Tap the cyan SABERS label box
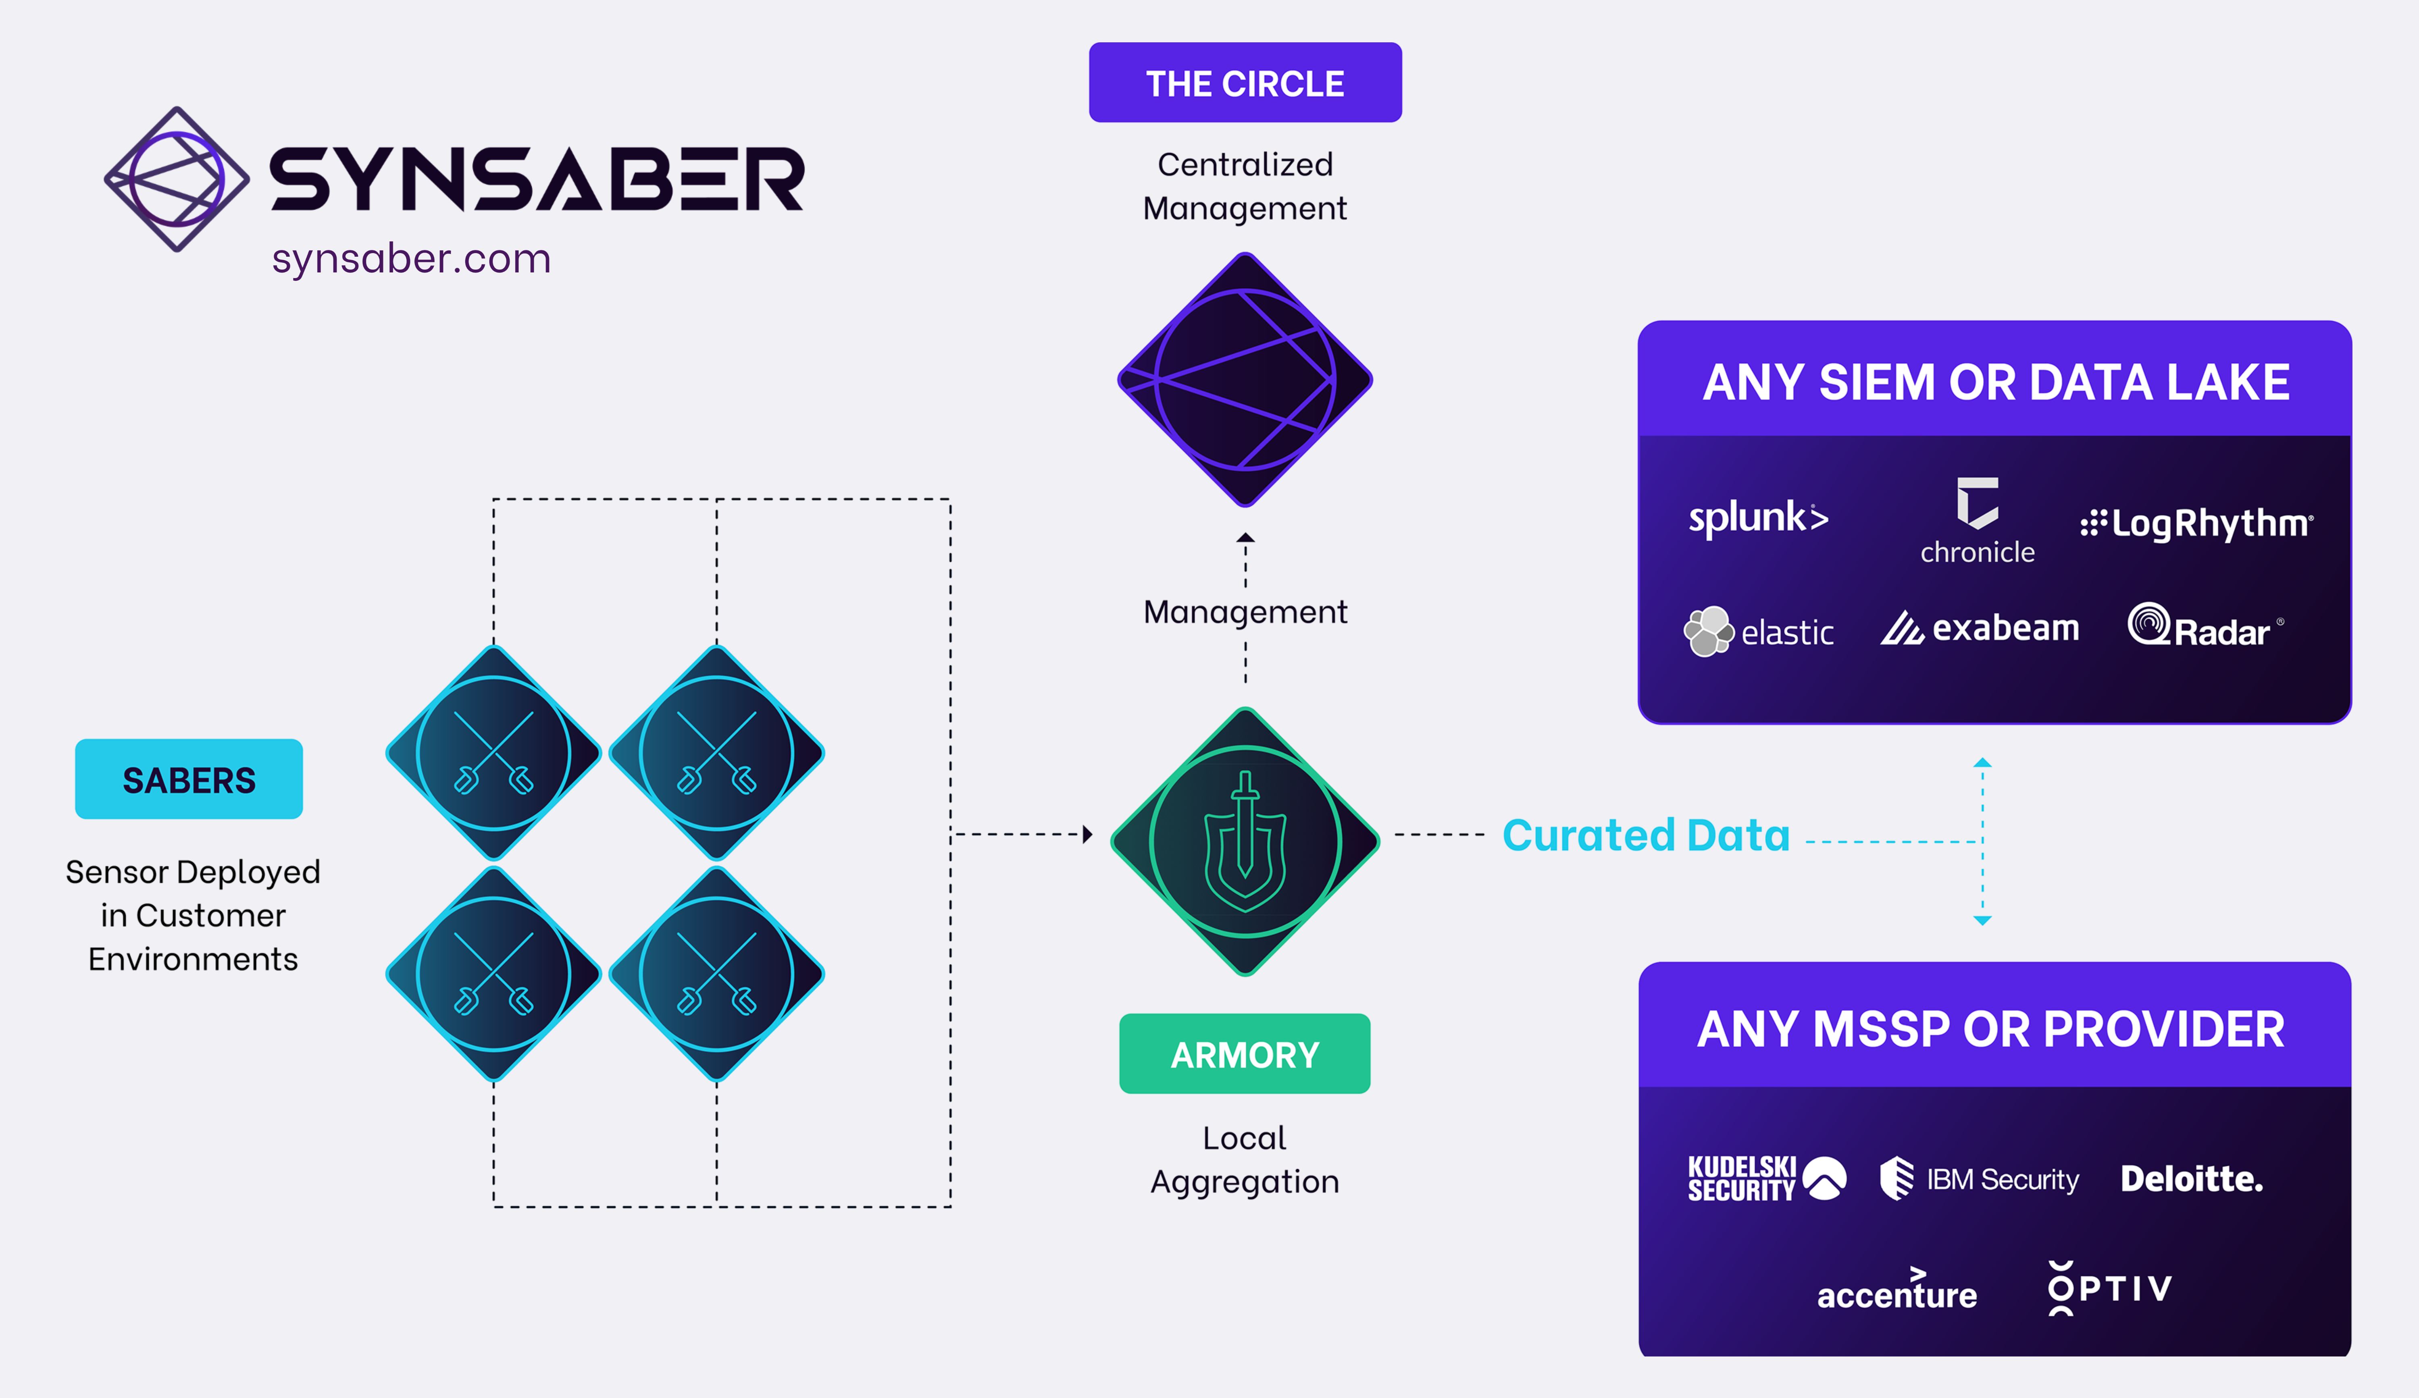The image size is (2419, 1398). coord(189,779)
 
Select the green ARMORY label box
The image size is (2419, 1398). coord(1245,1053)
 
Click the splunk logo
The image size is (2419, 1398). coord(1759,518)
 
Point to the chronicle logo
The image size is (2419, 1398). coord(1978,523)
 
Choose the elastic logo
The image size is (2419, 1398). coord(1759,631)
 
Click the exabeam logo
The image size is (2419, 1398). coord(1980,629)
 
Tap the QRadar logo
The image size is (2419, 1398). coord(2203,627)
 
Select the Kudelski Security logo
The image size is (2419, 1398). coord(1766,1178)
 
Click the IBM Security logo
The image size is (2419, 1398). coord(1980,1178)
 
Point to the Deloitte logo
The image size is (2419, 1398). coord(2192,1178)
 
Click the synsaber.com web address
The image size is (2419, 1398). coord(411,259)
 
